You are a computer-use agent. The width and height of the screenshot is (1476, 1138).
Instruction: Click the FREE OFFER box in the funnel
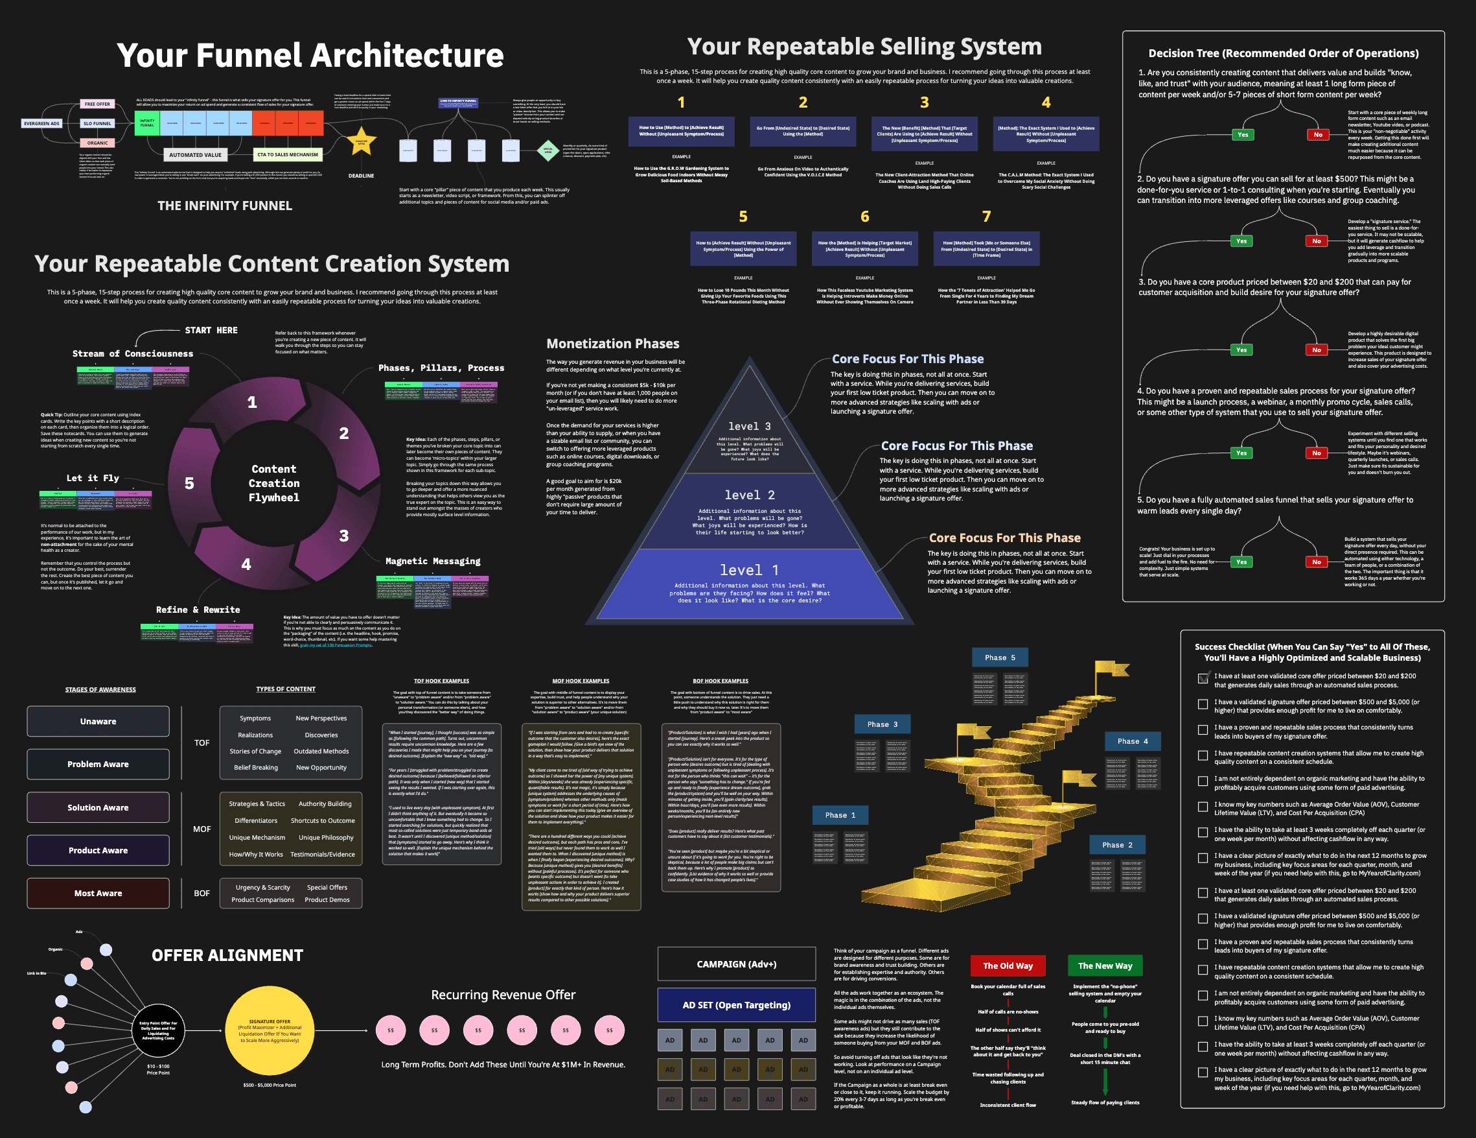click(x=97, y=104)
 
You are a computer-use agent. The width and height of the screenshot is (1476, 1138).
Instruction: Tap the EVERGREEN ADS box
click(x=42, y=124)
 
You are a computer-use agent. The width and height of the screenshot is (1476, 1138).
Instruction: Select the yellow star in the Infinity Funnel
click(x=362, y=141)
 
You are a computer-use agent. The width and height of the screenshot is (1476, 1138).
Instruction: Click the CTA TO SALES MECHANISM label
click(x=287, y=155)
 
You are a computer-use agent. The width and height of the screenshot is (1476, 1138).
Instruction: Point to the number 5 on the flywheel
click(x=189, y=484)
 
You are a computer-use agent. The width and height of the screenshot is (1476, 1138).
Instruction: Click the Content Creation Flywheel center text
click(x=273, y=483)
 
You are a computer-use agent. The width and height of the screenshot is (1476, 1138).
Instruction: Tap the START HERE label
click(x=211, y=330)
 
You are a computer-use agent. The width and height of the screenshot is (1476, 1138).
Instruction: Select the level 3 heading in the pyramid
click(x=749, y=426)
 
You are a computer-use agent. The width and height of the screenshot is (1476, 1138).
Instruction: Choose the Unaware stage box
click(x=98, y=722)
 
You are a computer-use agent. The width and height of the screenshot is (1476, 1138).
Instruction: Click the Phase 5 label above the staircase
click(x=1000, y=658)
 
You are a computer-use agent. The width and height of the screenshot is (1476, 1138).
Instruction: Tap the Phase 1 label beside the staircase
click(x=840, y=815)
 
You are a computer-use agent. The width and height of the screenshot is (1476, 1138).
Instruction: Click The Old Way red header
click(x=1008, y=966)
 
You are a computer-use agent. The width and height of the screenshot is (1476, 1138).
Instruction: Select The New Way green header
click(x=1105, y=966)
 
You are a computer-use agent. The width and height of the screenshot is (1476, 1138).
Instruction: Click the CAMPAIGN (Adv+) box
click(x=736, y=964)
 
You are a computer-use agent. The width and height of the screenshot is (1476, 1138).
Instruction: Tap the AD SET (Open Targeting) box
click(x=736, y=1005)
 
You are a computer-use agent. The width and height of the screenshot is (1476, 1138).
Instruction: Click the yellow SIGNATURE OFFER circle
click(x=269, y=1030)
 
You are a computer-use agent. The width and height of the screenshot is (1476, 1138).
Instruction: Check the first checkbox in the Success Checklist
click(x=1203, y=678)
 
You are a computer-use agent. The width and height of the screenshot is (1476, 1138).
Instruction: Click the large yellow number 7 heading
click(x=986, y=217)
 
